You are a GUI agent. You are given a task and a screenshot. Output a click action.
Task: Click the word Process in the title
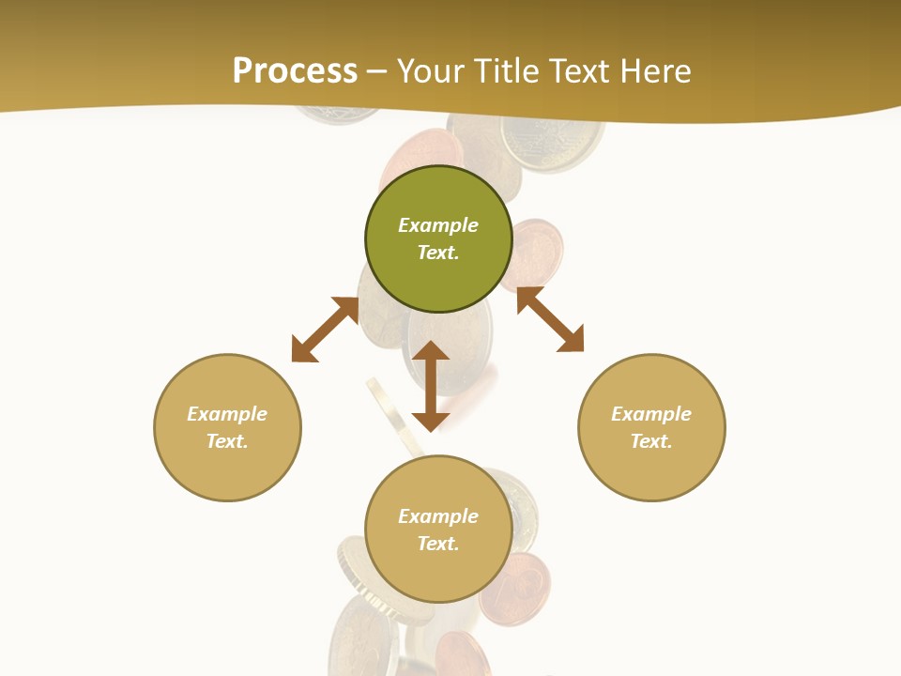295,71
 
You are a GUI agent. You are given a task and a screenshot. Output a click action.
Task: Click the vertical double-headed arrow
431,386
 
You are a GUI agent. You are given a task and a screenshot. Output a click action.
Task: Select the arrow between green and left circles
325,330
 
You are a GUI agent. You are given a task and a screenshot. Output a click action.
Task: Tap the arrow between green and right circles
550,319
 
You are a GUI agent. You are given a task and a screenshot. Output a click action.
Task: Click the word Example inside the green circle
438,225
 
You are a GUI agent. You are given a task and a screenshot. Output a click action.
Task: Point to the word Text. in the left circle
227,441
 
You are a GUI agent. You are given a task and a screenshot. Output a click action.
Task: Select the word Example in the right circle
651,414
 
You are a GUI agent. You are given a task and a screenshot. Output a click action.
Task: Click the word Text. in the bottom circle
438,544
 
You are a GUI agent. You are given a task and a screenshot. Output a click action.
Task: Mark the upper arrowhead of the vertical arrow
431,351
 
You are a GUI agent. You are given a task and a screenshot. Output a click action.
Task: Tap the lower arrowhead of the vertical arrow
431,421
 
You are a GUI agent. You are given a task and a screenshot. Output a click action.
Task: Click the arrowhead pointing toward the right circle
571,340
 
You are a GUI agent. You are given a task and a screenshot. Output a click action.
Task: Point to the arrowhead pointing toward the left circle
304,349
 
